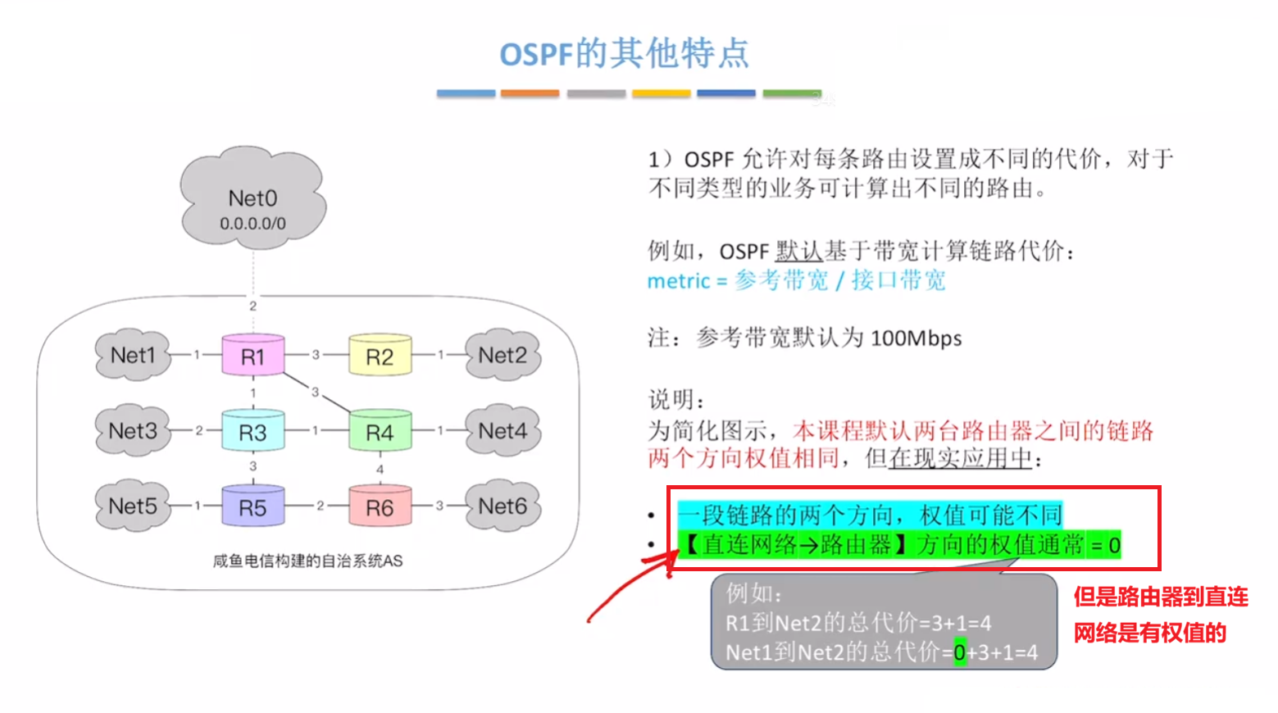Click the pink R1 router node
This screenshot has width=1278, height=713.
point(252,356)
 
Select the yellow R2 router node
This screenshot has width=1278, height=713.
point(380,356)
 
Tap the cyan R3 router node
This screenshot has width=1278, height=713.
point(252,432)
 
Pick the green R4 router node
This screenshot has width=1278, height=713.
point(380,432)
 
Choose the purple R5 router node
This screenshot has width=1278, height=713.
point(252,507)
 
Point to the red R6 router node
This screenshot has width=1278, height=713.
point(380,507)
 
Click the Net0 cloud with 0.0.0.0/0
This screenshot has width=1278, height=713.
point(252,201)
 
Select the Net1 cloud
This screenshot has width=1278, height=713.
point(133,356)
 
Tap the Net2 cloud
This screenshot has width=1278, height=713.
point(503,356)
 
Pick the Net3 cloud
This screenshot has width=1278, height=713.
point(133,430)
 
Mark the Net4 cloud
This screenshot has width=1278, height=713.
point(503,430)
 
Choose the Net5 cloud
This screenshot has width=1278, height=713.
point(133,506)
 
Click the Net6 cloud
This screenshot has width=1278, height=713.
point(503,506)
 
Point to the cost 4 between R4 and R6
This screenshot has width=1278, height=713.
point(380,470)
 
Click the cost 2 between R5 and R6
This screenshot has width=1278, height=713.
point(320,506)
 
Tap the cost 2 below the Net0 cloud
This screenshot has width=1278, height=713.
point(252,306)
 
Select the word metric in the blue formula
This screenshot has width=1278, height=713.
point(678,281)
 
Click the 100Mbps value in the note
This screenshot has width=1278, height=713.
point(916,338)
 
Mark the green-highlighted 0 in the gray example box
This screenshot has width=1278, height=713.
point(959,652)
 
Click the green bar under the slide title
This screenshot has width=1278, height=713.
point(792,94)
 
